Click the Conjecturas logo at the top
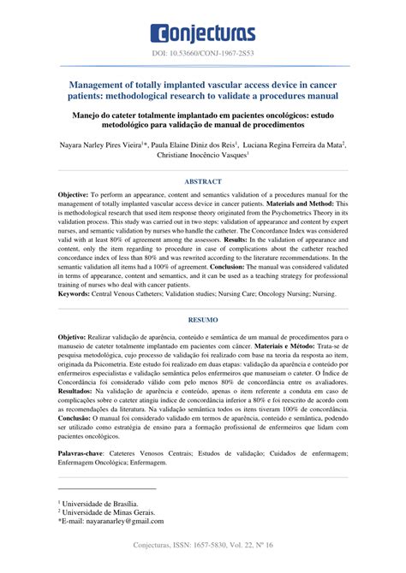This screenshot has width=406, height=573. click(202, 32)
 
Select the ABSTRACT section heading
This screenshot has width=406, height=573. click(202, 182)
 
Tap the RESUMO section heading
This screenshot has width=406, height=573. click(202, 319)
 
